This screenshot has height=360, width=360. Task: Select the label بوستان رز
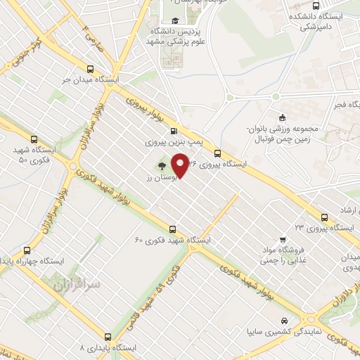[158, 179]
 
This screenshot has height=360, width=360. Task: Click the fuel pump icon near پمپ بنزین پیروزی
[174, 130]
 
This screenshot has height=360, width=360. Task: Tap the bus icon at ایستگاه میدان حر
[89, 69]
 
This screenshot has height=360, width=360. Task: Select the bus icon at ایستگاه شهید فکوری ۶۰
[173, 229]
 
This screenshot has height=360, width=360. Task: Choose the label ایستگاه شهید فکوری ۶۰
[173, 240]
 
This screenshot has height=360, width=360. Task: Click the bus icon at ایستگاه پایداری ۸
[108, 336]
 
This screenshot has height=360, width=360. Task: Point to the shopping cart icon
[283, 239]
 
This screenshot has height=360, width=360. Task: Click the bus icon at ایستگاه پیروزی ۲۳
[323, 216]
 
